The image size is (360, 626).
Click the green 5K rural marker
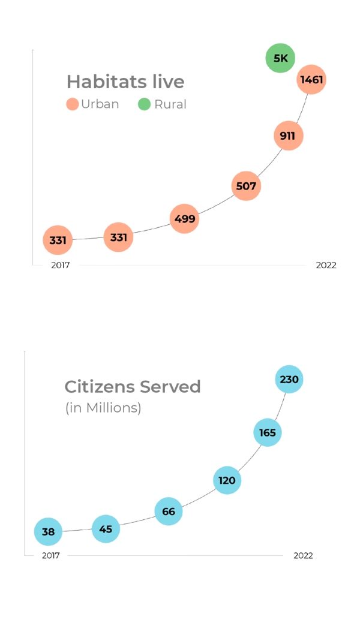tap(280, 58)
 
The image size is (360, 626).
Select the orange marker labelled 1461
tap(311, 80)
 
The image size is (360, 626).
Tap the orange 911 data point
tap(288, 136)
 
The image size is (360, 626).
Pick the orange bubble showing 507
tap(246, 186)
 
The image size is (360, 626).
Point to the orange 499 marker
tap(184, 219)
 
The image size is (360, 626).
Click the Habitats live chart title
tap(125, 82)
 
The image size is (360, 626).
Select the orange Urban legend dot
tap(73, 104)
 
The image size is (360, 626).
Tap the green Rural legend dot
tap(144, 104)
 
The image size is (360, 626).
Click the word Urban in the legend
tap(100, 104)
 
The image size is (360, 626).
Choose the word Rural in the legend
tap(170, 104)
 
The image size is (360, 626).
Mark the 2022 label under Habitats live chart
tap(326, 266)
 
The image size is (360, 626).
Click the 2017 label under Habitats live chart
tap(60, 266)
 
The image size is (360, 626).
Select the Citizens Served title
tap(133, 387)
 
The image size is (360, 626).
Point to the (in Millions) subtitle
tap(103, 408)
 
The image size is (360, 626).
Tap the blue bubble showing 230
tap(289, 380)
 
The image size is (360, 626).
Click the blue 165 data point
tap(268, 432)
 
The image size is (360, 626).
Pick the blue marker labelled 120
tap(227, 480)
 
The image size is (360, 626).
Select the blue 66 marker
tap(169, 511)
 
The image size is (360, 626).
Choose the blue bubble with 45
tap(106, 529)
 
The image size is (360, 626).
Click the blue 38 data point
tap(48, 532)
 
